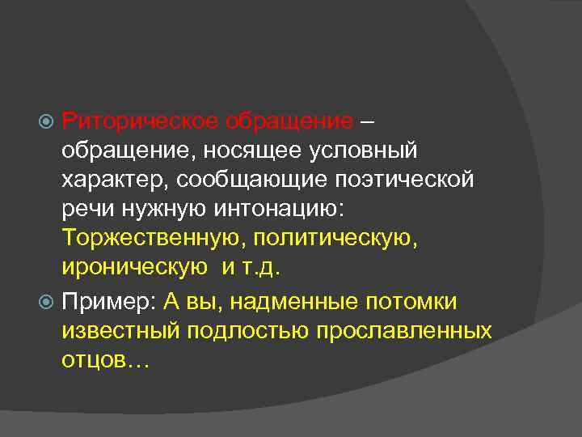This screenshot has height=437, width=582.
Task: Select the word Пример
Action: click(108, 302)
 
